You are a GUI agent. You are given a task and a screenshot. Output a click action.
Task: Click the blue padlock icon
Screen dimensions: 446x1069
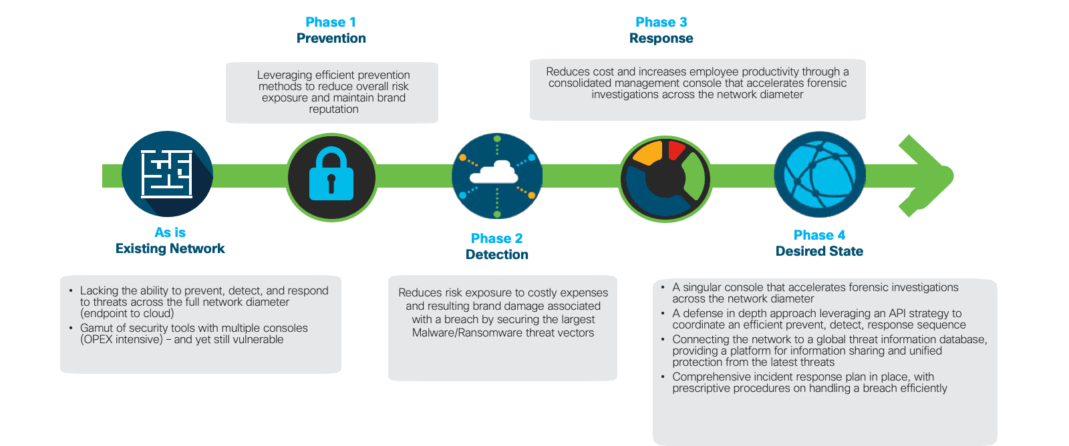331,175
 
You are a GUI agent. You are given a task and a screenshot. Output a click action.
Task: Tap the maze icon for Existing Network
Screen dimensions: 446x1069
167,174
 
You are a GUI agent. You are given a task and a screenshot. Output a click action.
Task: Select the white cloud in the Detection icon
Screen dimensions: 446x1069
494,174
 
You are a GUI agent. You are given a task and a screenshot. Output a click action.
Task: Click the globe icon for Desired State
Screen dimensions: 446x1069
819,175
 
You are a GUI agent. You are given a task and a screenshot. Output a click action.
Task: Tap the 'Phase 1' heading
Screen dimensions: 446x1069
331,22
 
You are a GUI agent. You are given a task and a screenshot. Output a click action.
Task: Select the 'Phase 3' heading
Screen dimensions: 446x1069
661,22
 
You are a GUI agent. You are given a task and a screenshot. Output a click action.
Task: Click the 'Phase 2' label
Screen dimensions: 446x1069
496,238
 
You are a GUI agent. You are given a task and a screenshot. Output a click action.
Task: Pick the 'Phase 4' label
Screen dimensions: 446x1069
819,235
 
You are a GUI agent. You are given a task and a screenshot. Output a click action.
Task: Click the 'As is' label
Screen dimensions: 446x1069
170,232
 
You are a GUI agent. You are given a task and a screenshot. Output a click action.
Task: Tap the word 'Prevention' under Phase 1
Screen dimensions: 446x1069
331,38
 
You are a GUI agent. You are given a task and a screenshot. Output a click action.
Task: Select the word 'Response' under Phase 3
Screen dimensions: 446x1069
661,38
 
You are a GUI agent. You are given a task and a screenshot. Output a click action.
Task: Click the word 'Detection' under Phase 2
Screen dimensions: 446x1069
496,254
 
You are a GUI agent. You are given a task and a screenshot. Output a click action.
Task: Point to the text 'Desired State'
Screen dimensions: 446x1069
819,251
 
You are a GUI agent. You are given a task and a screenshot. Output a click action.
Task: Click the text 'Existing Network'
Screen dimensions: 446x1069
170,248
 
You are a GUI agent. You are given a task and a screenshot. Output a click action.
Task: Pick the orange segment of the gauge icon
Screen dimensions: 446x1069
647,154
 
